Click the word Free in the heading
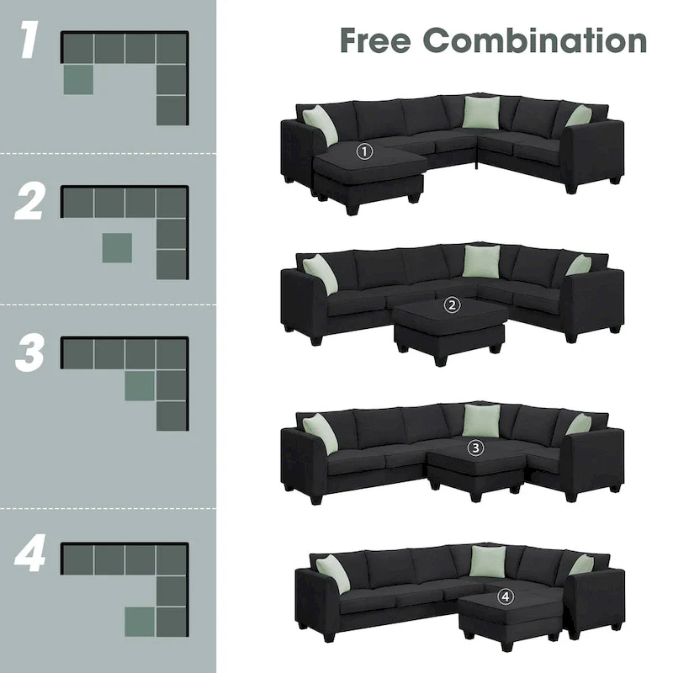[374, 40]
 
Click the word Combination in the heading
[534, 40]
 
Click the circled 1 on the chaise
[363, 152]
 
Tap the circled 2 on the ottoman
[453, 306]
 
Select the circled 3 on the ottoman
[476, 448]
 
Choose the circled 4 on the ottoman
[505, 596]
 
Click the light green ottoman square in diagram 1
[78, 79]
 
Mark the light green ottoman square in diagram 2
[117, 248]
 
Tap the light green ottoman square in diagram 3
[140, 386]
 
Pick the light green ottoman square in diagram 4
[140, 622]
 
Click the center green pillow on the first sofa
[480, 113]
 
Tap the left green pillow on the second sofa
[321, 273]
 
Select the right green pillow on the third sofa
[578, 424]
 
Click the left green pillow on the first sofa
[321, 125]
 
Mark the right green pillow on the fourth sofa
[580, 564]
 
